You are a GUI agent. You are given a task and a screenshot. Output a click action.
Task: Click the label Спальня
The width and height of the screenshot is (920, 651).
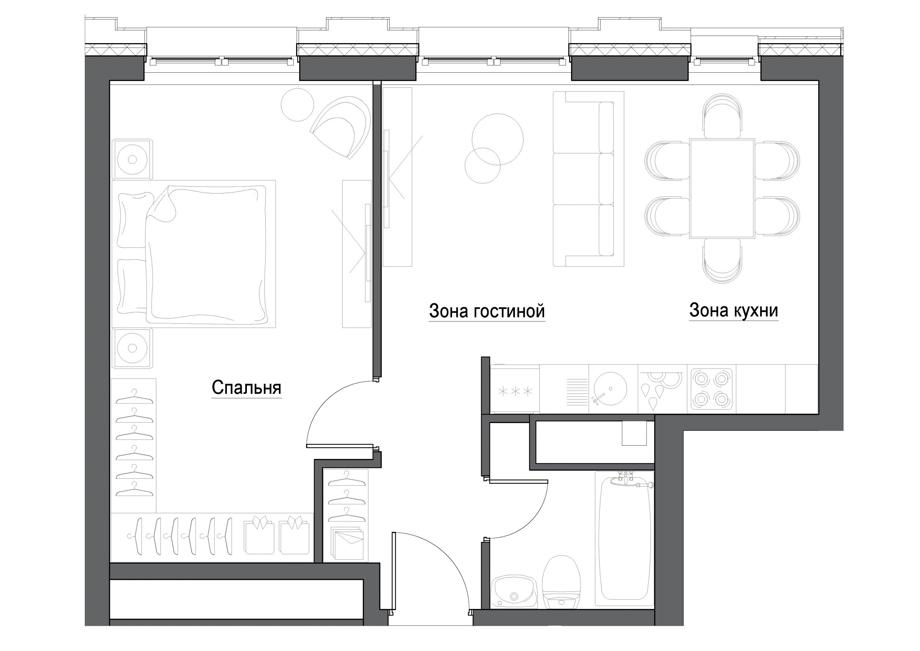click(x=247, y=388)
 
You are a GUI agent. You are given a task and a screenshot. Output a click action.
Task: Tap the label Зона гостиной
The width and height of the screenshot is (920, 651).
click(x=487, y=311)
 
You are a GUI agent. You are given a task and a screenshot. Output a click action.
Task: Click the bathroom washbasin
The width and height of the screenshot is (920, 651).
click(x=515, y=592)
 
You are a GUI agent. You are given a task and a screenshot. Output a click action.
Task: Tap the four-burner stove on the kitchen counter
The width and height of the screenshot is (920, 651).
click(x=712, y=389)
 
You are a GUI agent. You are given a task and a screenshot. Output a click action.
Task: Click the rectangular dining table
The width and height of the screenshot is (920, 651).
click(x=722, y=188)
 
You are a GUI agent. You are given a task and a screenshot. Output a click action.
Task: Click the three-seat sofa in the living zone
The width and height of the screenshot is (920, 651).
click(x=588, y=179)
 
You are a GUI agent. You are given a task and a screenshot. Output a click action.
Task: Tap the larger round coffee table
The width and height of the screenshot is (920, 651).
click(x=498, y=139)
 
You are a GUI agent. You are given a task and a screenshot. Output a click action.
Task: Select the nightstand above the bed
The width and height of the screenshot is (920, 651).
click(x=132, y=159)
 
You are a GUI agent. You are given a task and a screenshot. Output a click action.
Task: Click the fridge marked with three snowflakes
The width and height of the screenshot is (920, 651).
click(x=515, y=389)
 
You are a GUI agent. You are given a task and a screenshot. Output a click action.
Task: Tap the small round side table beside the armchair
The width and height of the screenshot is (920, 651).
click(x=297, y=105)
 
